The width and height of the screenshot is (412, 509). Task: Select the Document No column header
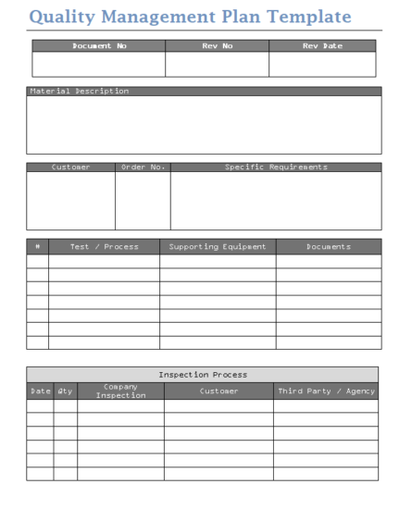coord(99,46)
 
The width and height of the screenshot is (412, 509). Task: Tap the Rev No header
coord(217,46)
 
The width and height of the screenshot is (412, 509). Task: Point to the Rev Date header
coord(322,46)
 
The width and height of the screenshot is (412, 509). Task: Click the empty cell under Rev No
coord(217,64)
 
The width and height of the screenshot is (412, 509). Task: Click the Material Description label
coord(80,92)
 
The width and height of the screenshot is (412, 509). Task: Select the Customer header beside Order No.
coord(71,168)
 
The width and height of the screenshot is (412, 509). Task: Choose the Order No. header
coord(143,168)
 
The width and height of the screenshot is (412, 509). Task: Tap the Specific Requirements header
coord(276,168)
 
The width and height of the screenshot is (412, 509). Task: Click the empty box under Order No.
coord(143,200)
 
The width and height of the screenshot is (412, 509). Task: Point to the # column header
coord(37,247)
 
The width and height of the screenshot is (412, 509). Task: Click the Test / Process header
coord(105,247)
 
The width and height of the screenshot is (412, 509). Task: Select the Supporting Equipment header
coord(218,247)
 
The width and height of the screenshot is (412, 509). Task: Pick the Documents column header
coord(328,247)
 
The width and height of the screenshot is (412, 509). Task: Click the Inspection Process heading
coord(203,375)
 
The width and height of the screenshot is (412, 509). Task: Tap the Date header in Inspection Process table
coord(40,391)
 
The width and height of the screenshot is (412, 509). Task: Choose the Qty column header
coord(65,391)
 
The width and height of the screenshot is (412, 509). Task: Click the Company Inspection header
coord(120,391)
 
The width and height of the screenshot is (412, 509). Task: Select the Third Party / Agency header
coord(326,391)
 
